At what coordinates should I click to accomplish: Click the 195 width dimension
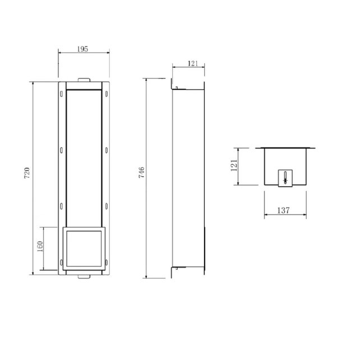click(x=83, y=49)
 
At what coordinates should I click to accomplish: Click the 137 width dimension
click(x=284, y=211)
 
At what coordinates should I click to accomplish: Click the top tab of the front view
click(x=83, y=80)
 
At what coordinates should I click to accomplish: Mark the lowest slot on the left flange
click(x=60, y=262)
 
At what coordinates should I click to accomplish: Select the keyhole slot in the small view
click(x=285, y=177)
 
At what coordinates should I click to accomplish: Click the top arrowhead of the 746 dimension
click(x=147, y=80)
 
